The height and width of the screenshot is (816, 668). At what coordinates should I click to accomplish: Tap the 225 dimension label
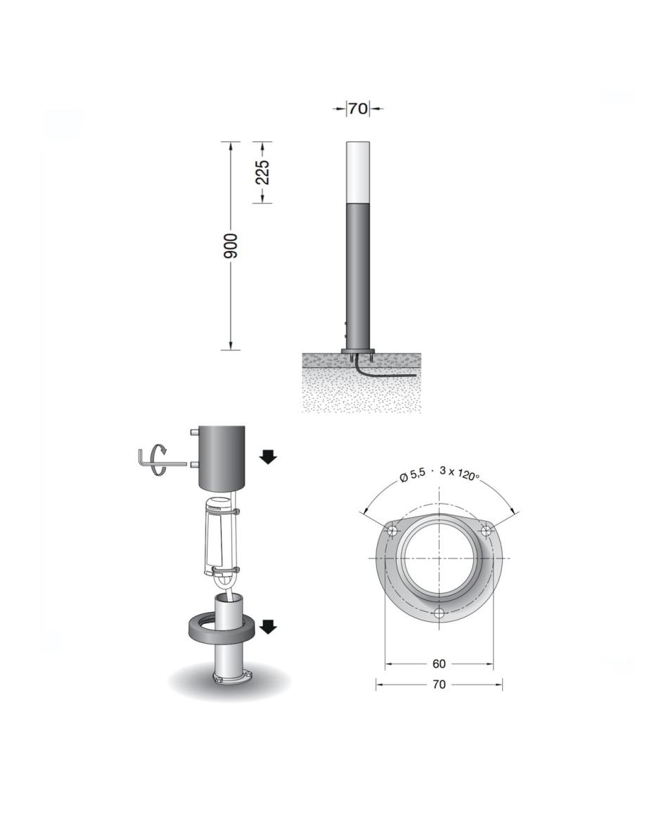pyautogui.click(x=263, y=172)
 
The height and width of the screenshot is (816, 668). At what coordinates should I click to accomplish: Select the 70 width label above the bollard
pyautogui.click(x=357, y=109)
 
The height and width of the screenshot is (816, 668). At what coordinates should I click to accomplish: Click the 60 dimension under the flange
pyautogui.click(x=439, y=663)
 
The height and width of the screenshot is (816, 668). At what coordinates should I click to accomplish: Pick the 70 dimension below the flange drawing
pyautogui.click(x=439, y=684)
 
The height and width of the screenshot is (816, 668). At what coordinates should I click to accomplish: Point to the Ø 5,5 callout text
pyautogui.click(x=412, y=473)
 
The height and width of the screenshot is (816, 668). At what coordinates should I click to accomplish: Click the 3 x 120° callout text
pyautogui.click(x=459, y=473)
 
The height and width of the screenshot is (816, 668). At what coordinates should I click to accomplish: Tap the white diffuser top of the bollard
pyautogui.click(x=357, y=172)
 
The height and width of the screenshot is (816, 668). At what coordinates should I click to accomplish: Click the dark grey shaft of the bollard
pyautogui.click(x=357, y=276)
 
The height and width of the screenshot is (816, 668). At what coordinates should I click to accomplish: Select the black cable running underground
pyautogui.click(x=380, y=371)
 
